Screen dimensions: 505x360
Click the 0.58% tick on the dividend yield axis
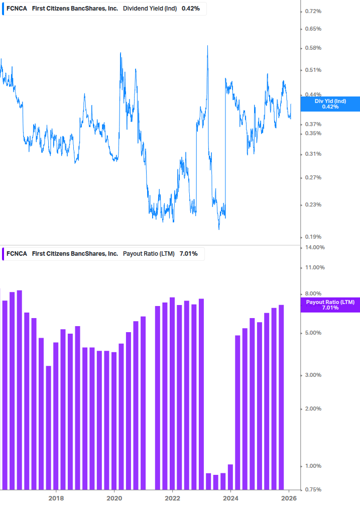coord(313,48)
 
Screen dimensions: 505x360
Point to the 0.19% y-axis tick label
coord(313,237)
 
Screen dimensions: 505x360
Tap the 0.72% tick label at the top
coord(313,11)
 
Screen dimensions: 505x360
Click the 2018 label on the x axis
coord(56,498)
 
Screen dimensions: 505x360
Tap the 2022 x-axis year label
coord(172,498)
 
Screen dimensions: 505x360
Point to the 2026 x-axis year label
coord(289,498)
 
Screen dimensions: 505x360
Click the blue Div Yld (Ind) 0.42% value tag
coord(330,104)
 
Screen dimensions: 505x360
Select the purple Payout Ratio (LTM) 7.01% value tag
coord(330,305)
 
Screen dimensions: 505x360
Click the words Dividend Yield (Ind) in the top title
coord(150,8)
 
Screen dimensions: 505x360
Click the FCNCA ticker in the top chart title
coord(17,8)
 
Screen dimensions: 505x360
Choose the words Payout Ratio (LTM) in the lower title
coord(149,254)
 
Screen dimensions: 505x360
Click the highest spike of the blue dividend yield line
coord(207,46)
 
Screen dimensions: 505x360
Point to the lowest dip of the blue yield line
coord(219,229)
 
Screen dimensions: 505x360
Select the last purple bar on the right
coord(281,397)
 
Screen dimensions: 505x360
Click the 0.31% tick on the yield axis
coord(313,154)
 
